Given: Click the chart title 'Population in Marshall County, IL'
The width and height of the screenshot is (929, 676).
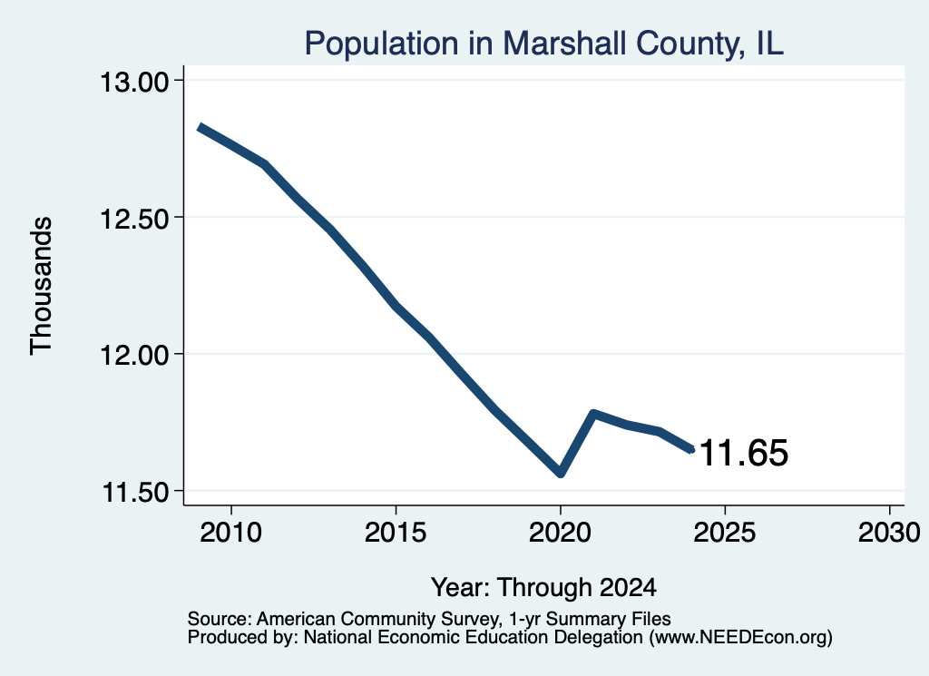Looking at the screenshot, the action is (x=544, y=44).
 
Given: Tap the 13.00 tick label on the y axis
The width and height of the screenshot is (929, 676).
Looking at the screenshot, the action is (x=135, y=81).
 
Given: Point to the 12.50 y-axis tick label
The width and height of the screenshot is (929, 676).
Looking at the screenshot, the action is (x=135, y=218).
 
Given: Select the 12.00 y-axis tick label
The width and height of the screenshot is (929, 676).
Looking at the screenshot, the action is (x=135, y=355).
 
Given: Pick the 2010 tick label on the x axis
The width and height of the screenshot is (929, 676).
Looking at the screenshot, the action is (x=231, y=532).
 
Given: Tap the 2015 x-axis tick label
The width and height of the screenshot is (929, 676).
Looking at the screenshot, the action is (x=396, y=532).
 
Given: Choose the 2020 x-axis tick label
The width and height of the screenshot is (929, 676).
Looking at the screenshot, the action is (x=560, y=532).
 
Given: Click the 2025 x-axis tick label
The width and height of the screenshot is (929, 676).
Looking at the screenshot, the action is (x=725, y=532).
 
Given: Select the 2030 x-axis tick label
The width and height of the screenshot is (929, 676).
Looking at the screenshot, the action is (x=889, y=532).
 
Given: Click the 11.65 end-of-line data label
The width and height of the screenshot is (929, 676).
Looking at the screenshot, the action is (x=744, y=453).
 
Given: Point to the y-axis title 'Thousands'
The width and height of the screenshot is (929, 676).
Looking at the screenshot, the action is (x=42, y=286).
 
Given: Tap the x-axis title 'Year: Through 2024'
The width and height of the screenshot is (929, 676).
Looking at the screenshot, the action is (x=544, y=587).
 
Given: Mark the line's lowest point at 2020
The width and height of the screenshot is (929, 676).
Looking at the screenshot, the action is (x=561, y=474).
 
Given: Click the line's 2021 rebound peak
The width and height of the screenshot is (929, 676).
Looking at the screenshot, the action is (x=593, y=414).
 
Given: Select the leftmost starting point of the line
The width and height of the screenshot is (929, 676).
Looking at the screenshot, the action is (x=200, y=127).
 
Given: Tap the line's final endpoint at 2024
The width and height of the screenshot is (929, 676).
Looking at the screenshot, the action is (x=691, y=450).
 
